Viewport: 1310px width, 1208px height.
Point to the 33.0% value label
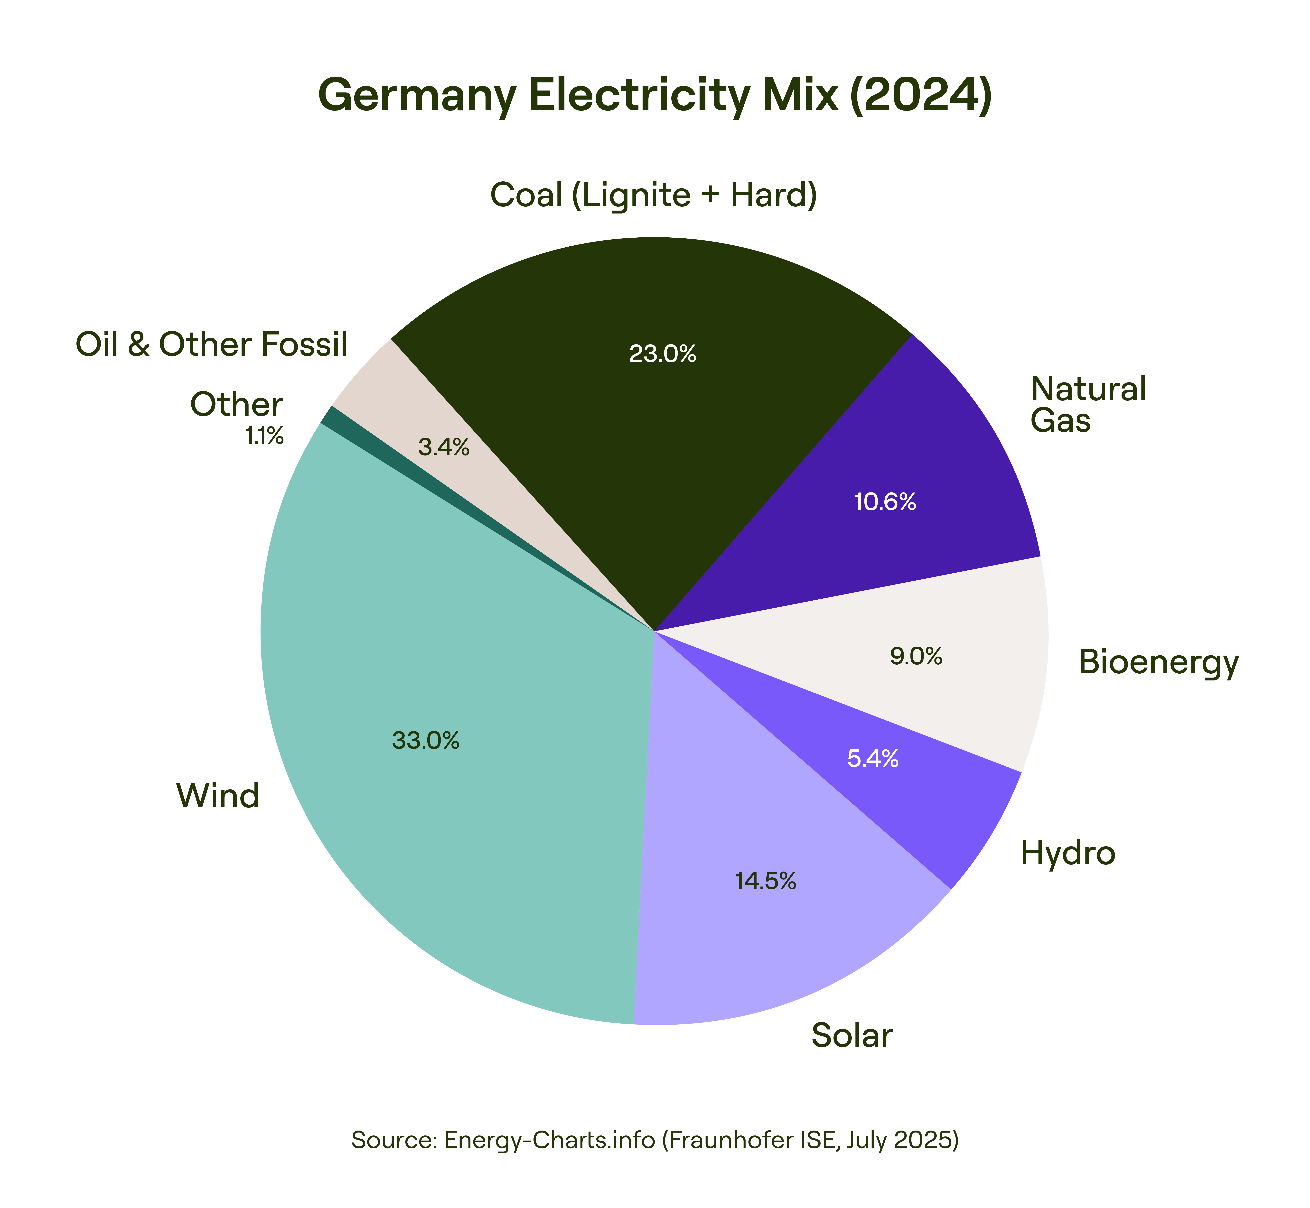[426, 741]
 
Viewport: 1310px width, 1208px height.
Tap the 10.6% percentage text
[885, 502]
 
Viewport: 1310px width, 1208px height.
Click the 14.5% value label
[766, 881]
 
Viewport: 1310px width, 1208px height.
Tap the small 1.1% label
[264, 436]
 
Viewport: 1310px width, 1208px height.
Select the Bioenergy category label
[1158, 661]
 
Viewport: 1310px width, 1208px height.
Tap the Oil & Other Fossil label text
[211, 344]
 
